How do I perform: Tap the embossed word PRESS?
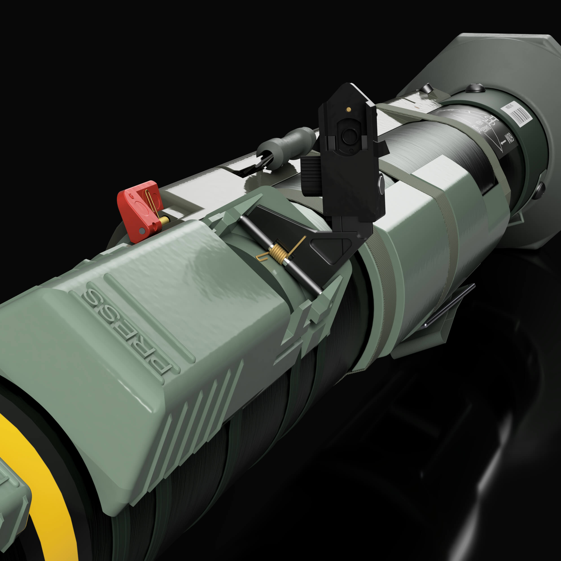[125, 331]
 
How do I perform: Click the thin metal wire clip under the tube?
[447, 311]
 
